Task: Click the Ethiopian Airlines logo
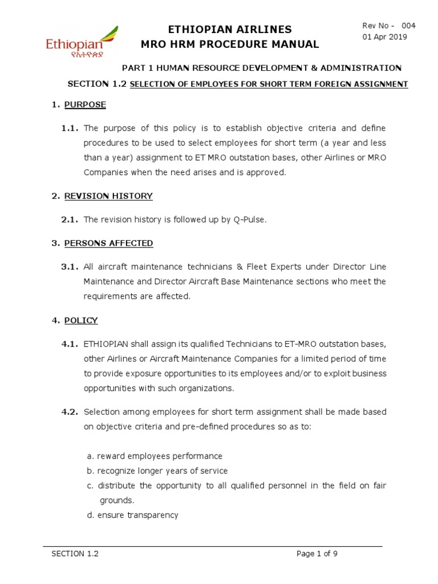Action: point(82,42)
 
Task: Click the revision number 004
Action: point(408,26)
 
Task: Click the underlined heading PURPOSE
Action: point(85,105)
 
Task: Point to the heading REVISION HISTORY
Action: point(108,196)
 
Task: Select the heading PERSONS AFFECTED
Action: point(108,243)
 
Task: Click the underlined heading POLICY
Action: point(80,321)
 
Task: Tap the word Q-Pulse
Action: point(248,220)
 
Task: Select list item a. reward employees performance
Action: point(154,456)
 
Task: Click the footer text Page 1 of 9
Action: point(320,553)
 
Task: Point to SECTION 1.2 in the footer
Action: point(75,553)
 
